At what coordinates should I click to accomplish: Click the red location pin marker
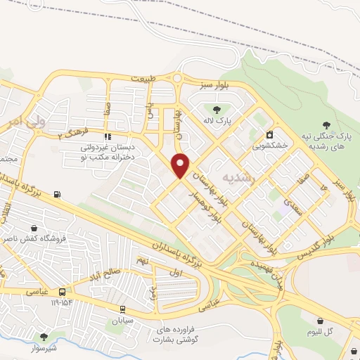click(x=181, y=165)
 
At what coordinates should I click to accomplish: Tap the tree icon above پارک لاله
click(x=216, y=109)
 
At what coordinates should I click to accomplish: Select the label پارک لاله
click(x=217, y=121)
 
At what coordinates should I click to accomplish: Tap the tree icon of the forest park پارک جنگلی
click(x=325, y=124)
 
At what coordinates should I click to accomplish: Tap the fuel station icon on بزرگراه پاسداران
click(x=56, y=195)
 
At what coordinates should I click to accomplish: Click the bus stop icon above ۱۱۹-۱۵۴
click(x=63, y=292)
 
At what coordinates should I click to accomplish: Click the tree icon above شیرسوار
click(x=44, y=337)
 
